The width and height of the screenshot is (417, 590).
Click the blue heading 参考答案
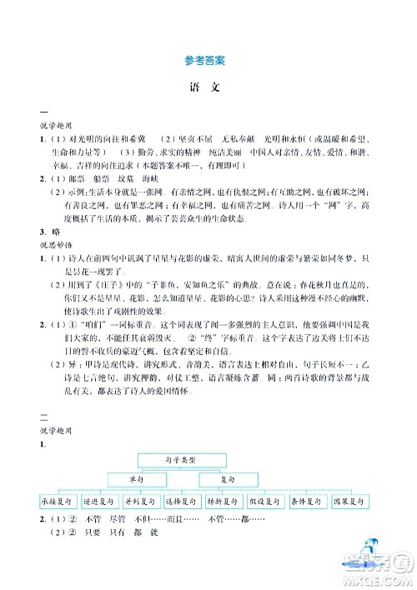208,60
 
